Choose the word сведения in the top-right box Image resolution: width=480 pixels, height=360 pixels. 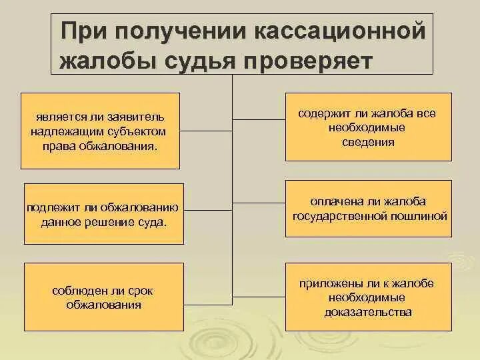369,142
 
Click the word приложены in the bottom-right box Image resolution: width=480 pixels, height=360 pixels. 323,283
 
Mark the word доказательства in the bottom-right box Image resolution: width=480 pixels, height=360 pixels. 369,311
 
